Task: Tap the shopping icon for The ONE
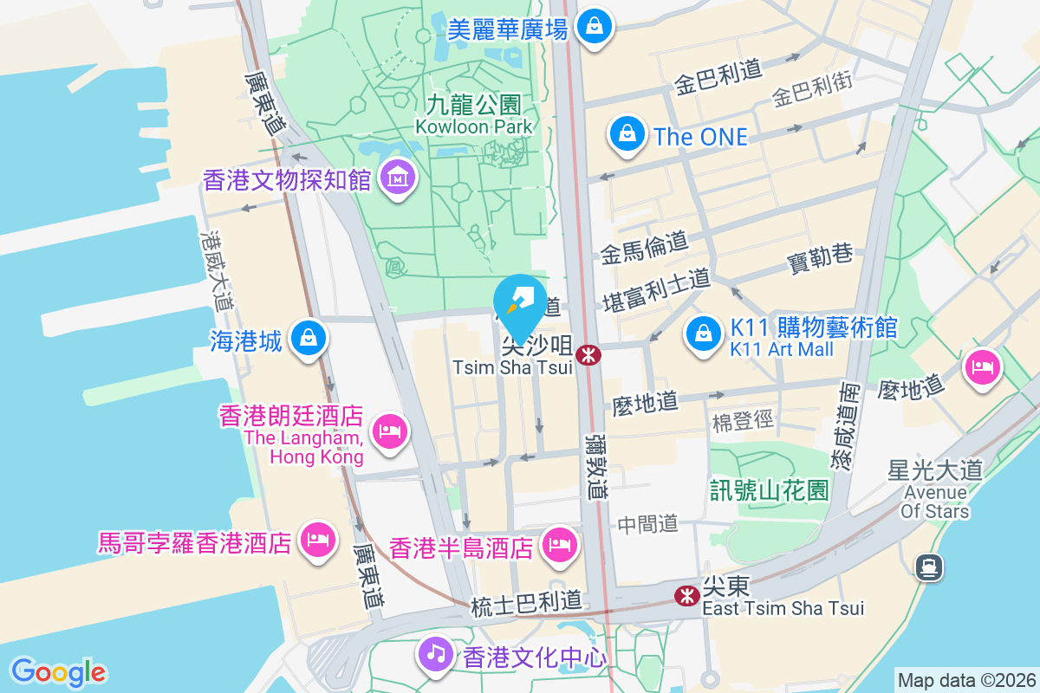pos(626,134)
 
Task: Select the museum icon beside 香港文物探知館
pos(398,178)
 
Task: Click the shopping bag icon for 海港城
pos(308,337)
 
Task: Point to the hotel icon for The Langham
pos(389,430)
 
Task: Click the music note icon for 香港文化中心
pos(435,652)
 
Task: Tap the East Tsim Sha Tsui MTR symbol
pos(687,595)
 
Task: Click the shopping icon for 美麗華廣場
pos(595,26)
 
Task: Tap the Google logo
pos(59,671)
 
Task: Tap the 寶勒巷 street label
pos(819,257)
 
